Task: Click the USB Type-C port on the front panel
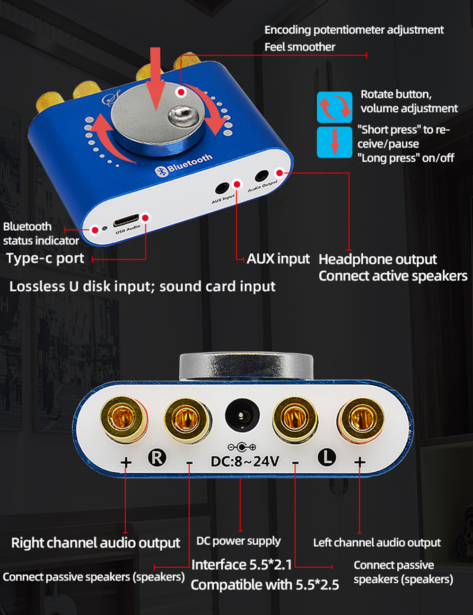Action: pyautogui.click(x=126, y=221)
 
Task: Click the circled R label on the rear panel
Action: pyautogui.click(x=157, y=457)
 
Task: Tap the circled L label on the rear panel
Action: pyautogui.click(x=326, y=457)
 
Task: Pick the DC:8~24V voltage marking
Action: pyautogui.click(x=245, y=461)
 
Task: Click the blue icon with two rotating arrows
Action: pyautogui.click(x=334, y=107)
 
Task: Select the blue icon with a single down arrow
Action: pyautogui.click(x=334, y=142)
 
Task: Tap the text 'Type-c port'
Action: pyautogui.click(x=45, y=259)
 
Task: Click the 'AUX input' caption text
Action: pyautogui.click(x=278, y=259)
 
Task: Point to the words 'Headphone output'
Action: pyautogui.click(x=377, y=260)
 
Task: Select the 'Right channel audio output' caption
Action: pyautogui.click(x=96, y=543)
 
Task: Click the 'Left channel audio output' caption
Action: pyautogui.click(x=377, y=543)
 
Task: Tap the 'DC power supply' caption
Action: pyautogui.click(x=238, y=541)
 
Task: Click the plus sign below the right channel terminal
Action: pyautogui.click(x=126, y=462)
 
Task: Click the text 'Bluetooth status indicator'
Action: pyautogui.click(x=41, y=234)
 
